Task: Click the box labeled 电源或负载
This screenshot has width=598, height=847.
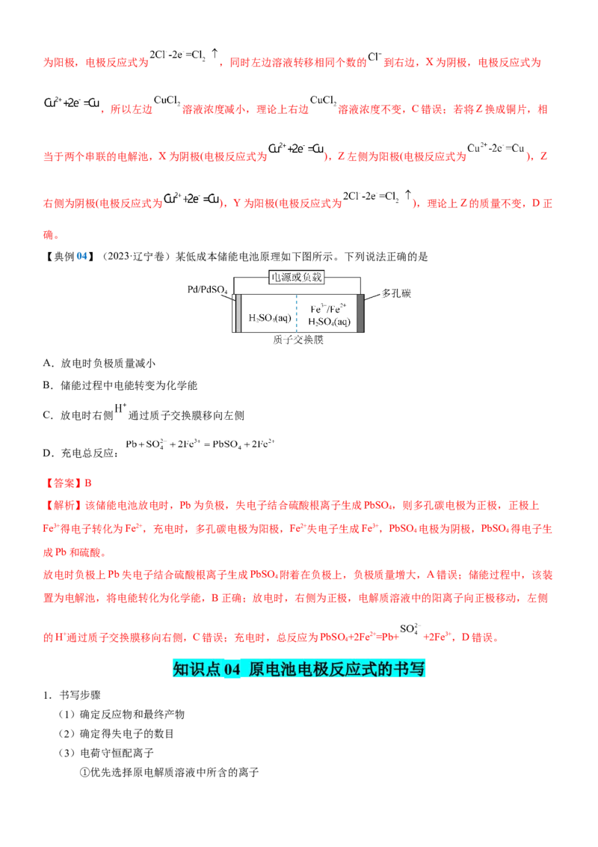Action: point(296,278)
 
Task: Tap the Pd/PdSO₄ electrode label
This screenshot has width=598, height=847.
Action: point(207,290)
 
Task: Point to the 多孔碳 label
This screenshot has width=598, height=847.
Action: point(396,293)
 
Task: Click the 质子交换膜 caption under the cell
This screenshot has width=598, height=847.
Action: point(298,340)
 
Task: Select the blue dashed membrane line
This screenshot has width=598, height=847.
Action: point(297,314)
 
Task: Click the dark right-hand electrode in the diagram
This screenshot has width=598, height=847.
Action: point(360,314)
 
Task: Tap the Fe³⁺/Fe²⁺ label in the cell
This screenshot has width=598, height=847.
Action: point(328,309)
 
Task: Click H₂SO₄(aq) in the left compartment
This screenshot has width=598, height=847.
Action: point(270,318)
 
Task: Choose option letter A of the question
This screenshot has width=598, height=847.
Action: point(48,364)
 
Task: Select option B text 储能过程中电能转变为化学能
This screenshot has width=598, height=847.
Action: point(129,385)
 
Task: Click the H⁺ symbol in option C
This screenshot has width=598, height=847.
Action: point(120,409)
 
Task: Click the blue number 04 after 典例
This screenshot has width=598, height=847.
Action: point(82,257)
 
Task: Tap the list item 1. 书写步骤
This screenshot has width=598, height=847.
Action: point(72,695)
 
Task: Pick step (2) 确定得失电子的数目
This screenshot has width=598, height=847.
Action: point(116,734)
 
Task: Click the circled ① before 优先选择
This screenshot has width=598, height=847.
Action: point(84,773)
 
